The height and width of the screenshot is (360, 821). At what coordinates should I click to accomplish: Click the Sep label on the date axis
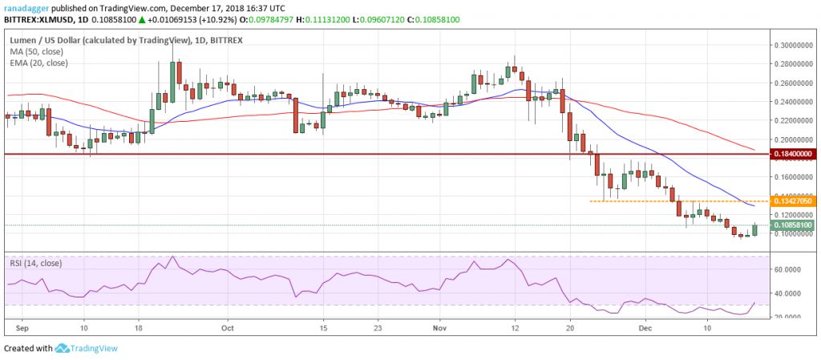(x=22, y=327)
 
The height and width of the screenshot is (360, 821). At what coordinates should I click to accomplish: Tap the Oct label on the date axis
(x=227, y=327)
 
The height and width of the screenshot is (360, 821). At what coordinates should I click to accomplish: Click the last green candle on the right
(x=755, y=229)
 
